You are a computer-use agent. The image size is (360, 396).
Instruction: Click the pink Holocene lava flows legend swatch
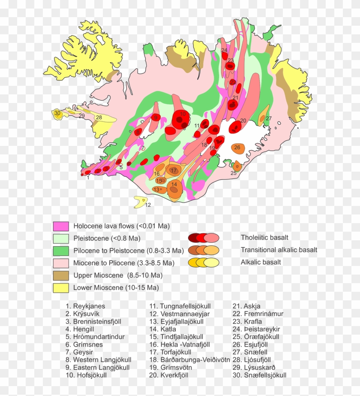tap(61, 226)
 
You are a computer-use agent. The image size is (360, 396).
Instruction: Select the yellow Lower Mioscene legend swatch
tap(61, 288)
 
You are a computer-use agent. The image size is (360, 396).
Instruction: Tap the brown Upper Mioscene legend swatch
tap(61, 275)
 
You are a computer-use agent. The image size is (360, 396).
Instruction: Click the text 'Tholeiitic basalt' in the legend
tap(264, 237)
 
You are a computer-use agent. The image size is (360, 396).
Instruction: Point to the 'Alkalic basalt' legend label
tap(261, 262)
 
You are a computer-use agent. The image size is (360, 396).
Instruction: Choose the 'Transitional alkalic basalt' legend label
tap(279, 250)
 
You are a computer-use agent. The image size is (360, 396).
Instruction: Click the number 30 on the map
tap(57, 113)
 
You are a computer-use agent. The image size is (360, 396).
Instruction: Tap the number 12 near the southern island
tap(148, 205)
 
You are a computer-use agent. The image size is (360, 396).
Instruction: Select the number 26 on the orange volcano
tap(237, 148)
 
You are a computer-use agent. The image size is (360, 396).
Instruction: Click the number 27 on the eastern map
tap(269, 118)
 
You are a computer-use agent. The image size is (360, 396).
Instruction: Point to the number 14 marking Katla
tap(174, 184)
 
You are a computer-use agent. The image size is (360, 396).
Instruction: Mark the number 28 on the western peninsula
tap(99, 118)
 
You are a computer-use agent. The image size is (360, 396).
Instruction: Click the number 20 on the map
tap(243, 121)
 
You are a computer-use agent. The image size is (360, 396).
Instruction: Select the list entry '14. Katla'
tap(163, 329)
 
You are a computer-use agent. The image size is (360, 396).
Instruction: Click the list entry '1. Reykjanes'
tap(85, 306)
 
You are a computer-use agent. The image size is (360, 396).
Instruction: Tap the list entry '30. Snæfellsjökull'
tap(259, 375)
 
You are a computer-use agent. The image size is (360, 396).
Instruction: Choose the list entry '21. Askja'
tap(246, 306)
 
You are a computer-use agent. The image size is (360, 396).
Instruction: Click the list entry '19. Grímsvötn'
tap(170, 367)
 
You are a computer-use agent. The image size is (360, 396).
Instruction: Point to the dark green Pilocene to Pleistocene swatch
tap(61, 251)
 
